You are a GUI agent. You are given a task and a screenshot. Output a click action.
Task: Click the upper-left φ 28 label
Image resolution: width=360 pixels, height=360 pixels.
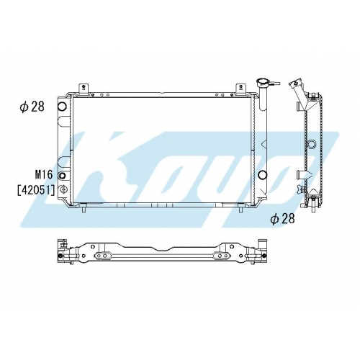32,107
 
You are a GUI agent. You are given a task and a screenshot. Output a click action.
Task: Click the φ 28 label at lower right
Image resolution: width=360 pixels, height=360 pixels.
282,218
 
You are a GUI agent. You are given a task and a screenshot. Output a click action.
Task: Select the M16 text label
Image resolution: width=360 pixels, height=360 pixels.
44,174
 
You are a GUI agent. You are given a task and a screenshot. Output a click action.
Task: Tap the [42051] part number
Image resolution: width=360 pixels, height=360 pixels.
36,190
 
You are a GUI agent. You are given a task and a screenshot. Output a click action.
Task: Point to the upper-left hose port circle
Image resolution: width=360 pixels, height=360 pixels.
62,106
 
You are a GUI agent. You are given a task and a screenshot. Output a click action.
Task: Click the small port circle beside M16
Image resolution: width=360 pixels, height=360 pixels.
62,176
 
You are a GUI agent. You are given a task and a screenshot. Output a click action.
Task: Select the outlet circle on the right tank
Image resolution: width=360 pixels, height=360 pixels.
262,174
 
